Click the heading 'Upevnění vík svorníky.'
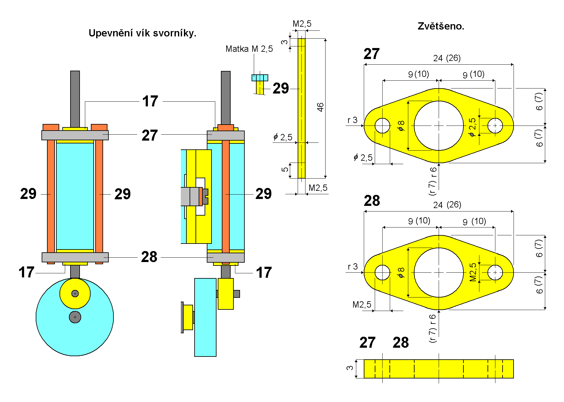click(x=142, y=33)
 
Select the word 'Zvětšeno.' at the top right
click(x=441, y=26)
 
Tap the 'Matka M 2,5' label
click(x=249, y=49)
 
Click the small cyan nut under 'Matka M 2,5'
click(x=260, y=78)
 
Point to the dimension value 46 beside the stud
click(x=320, y=107)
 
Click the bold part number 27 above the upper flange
click(x=372, y=54)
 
